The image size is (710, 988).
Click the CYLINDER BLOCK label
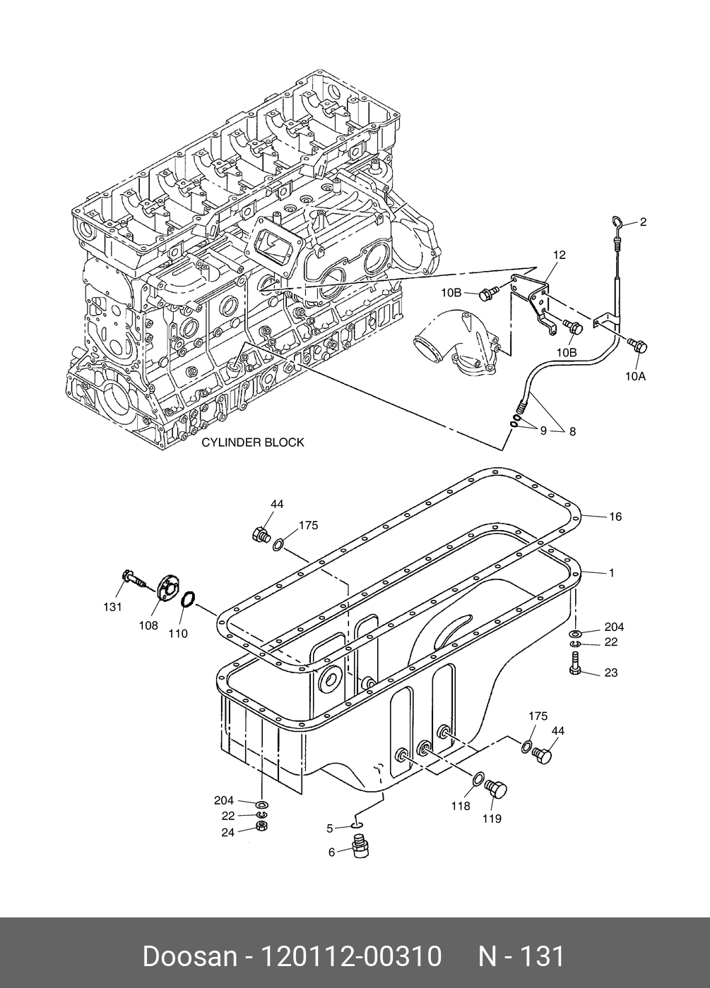pyautogui.click(x=252, y=442)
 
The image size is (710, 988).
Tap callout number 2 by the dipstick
pyautogui.click(x=643, y=222)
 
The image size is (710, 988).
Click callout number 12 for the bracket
pyautogui.click(x=559, y=255)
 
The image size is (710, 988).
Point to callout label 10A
pyautogui.click(x=634, y=376)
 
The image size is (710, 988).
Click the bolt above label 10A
pyautogui.click(x=637, y=345)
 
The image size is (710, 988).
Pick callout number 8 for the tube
pyautogui.click(x=572, y=430)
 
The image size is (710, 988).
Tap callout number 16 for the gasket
pyautogui.click(x=615, y=517)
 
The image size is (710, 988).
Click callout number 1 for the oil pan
pyautogui.click(x=611, y=573)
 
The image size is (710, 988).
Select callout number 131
pyautogui.click(x=113, y=607)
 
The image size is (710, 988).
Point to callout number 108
pyautogui.click(x=148, y=625)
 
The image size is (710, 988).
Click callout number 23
pyautogui.click(x=610, y=673)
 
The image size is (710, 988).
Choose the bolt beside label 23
pyautogui.click(x=574, y=664)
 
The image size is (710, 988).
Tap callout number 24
pyautogui.click(x=227, y=832)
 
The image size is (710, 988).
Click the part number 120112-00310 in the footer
pyautogui.click(x=352, y=956)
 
